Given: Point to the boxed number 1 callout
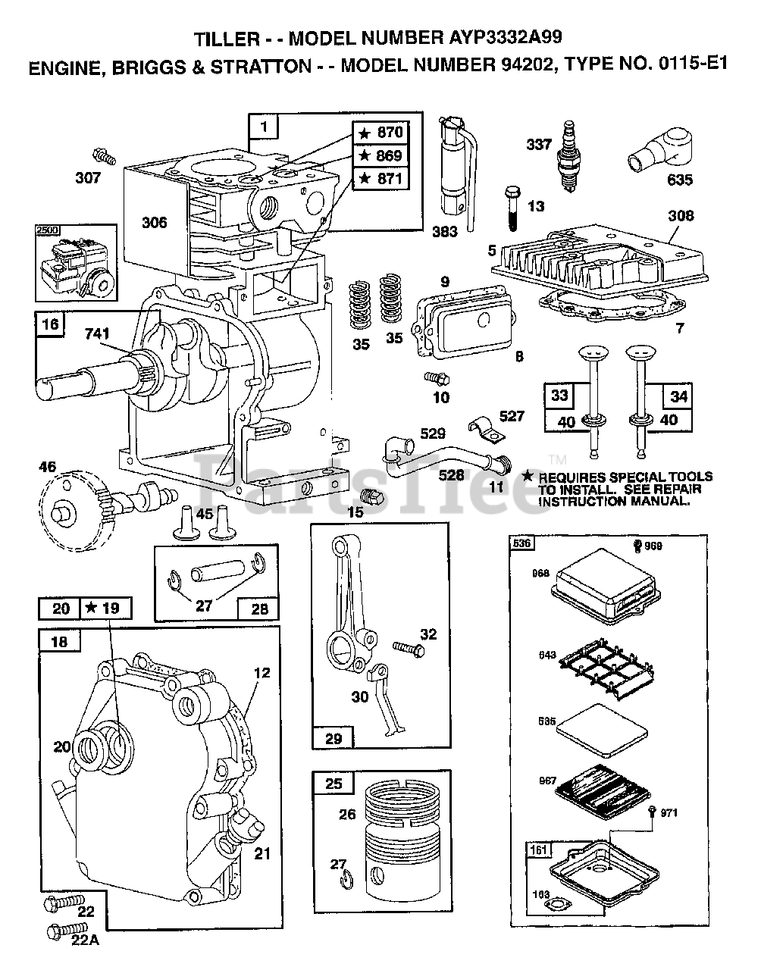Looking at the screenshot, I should (x=264, y=127).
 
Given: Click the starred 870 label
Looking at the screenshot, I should (x=382, y=133).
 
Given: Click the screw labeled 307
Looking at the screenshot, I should (x=104, y=157).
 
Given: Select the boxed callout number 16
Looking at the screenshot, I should (x=50, y=324).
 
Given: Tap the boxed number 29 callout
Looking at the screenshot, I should (x=333, y=737).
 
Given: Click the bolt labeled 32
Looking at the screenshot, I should (x=405, y=646).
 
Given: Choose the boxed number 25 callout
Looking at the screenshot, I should (x=334, y=783).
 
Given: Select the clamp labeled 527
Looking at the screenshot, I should (x=482, y=430).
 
